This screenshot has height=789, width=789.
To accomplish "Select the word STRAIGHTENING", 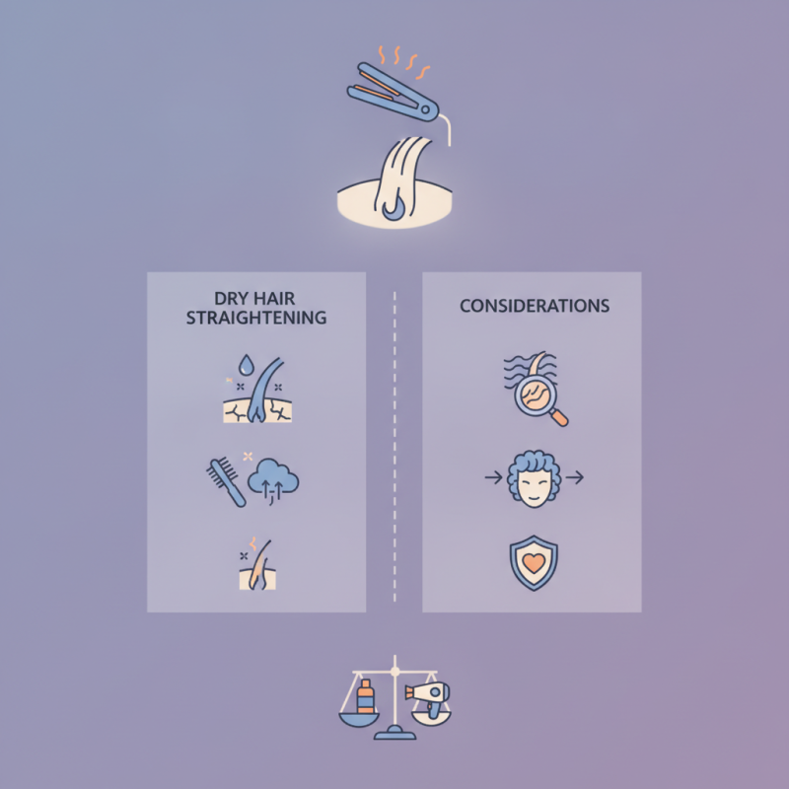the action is pyautogui.click(x=256, y=318).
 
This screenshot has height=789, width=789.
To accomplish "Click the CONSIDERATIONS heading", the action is pyautogui.click(x=535, y=306).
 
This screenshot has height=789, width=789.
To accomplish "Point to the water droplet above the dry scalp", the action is pyautogui.click(x=246, y=365).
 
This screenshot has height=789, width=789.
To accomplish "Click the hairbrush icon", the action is pyautogui.click(x=226, y=481).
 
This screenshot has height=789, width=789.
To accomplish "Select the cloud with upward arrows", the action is pyautogui.click(x=273, y=480).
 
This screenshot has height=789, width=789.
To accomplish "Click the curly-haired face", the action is pyautogui.click(x=534, y=478).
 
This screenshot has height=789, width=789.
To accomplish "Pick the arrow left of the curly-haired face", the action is pyautogui.click(x=493, y=477).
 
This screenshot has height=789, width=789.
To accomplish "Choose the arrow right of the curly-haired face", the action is pyautogui.click(x=575, y=477).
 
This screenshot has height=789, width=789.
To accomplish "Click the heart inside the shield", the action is pyautogui.click(x=534, y=562).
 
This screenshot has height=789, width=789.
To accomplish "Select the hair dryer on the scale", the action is pyautogui.click(x=428, y=696).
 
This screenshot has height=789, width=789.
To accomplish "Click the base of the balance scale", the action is pyautogui.click(x=394, y=733).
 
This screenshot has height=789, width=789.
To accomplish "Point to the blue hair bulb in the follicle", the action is pyautogui.click(x=392, y=210).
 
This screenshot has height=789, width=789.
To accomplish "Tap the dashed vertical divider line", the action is pyautogui.click(x=394, y=447).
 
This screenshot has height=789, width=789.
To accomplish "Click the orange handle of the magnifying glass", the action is pyautogui.click(x=559, y=417).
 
